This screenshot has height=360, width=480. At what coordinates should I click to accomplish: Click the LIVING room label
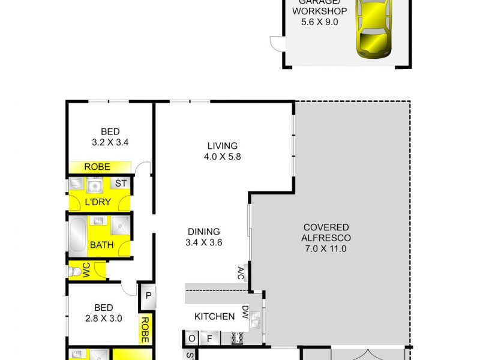click(x=223, y=146)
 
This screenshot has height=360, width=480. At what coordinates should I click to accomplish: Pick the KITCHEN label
click(x=214, y=316)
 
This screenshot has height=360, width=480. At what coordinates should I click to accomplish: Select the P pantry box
click(x=148, y=295)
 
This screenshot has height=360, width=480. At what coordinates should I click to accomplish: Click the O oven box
click(x=191, y=339)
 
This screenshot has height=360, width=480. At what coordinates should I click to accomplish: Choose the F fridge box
click(x=210, y=339)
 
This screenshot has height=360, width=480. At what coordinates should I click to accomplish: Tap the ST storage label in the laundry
click(x=121, y=184)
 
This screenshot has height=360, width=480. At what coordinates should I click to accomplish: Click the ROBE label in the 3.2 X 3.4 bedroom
click(x=97, y=167)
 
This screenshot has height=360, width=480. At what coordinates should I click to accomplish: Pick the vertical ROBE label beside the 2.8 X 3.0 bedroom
click(x=145, y=329)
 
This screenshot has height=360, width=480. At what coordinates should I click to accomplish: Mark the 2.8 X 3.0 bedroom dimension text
click(x=105, y=319)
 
